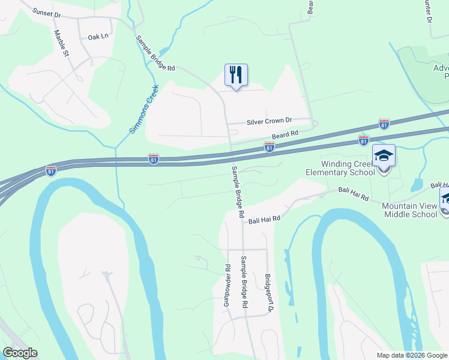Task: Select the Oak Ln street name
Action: [98, 37]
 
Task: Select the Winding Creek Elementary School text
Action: [343, 167]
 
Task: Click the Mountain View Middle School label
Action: [409, 210]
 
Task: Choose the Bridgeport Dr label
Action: [268, 294]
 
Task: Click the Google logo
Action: [20, 353]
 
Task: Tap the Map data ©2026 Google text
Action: [412, 355]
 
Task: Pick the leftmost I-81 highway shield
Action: [52, 171]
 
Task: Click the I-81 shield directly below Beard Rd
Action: [270, 147]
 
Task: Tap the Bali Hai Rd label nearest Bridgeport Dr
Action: [265, 220]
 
